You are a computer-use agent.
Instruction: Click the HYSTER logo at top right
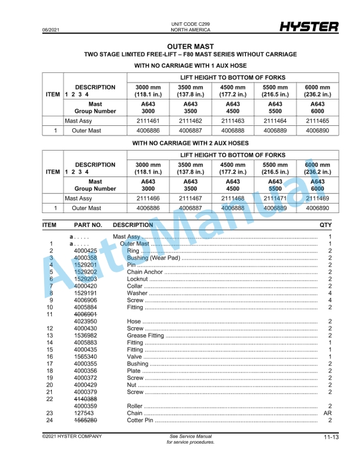[x=309, y=27]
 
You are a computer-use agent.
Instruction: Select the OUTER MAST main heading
[x=190, y=46]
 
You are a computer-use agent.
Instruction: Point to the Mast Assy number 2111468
[x=233, y=198]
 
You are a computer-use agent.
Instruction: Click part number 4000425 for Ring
[x=85, y=251]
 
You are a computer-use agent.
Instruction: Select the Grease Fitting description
[x=146, y=335]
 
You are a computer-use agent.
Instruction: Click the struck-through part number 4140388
[x=85, y=399]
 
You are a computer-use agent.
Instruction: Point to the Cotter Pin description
[x=141, y=420]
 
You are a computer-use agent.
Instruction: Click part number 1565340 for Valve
[x=85, y=357]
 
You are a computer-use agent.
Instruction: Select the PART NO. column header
[x=88, y=225]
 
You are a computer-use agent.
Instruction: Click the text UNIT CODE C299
[x=190, y=24]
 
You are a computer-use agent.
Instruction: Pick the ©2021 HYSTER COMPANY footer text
[x=72, y=436]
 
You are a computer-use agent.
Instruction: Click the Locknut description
[x=138, y=279]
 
